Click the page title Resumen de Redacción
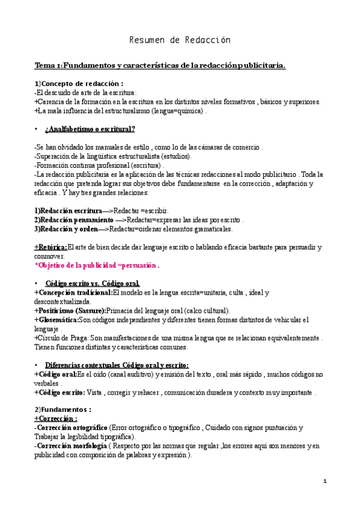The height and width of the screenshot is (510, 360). [x=180, y=40]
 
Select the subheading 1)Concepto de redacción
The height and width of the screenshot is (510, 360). [x=79, y=83]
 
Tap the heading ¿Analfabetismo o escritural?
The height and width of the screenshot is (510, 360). [x=90, y=129]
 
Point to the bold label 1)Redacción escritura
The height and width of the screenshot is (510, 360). [x=68, y=211]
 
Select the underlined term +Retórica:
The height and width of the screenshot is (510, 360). [x=50, y=247]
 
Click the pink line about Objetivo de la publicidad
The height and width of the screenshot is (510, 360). [x=97, y=265]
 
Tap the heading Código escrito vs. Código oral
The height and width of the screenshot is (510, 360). [x=93, y=283]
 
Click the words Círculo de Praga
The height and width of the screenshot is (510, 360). [x=57, y=338]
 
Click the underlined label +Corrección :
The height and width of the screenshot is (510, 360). [x=55, y=419]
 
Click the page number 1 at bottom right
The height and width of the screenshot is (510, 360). [x=325, y=482]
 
